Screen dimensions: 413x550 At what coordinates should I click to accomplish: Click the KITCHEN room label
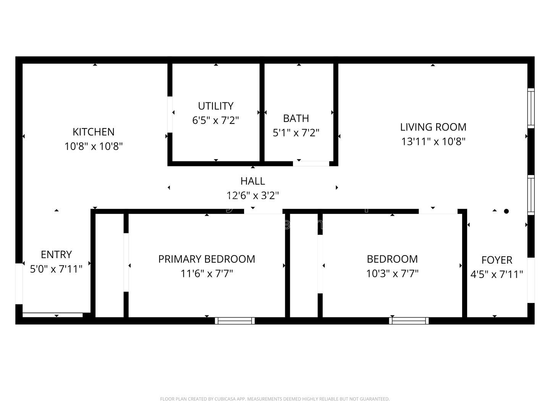pyautogui.click(x=94, y=132)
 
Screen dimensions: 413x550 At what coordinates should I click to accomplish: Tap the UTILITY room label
pyautogui.click(x=215, y=106)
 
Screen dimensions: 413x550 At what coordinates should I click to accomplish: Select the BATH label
pyautogui.click(x=296, y=118)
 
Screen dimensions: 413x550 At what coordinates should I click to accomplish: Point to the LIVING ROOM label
pyautogui.click(x=433, y=127)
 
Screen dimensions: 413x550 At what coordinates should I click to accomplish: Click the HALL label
pyautogui.click(x=252, y=181)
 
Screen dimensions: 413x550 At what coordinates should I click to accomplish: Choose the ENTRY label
pyautogui.click(x=56, y=255)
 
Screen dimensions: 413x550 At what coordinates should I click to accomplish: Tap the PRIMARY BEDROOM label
pyautogui.click(x=207, y=259)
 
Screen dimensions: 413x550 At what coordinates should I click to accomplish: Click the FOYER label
pyautogui.click(x=497, y=260)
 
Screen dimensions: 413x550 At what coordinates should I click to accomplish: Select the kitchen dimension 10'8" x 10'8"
pyautogui.click(x=94, y=146)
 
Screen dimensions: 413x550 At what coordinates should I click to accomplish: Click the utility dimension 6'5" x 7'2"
pyautogui.click(x=215, y=120)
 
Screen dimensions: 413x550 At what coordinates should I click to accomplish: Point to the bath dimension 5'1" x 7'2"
pyautogui.click(x=296, y=133)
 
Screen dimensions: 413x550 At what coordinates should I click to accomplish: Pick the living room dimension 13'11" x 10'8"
pyautogui.click(x=433, y=141)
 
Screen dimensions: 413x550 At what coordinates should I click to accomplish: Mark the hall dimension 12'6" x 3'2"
pyautogui.click(x=252, y=195)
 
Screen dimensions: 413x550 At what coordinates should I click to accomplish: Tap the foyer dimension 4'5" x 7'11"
pyautogui.click(x=497, y=275)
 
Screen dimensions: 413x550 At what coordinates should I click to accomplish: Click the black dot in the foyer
pyautogui.click(x=506, y=211)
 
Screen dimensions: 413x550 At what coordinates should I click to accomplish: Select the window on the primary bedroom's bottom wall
pyautogui.click(x=235, y=320)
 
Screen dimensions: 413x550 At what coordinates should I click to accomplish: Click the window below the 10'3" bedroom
pyautogui.click(x=409, y=320)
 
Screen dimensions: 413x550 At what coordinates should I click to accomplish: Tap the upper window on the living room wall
pyautogui.click(x=531, y=108)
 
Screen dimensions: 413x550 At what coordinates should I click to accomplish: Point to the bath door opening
pyautogui.click(x=311, y=164)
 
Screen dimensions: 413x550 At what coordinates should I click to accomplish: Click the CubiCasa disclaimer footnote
pyautogui.click(x=275, y=399)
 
